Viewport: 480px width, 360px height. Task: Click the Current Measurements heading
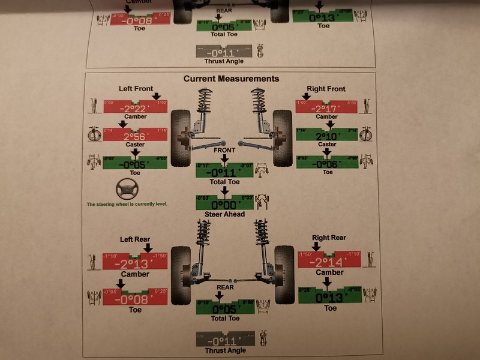coord(231,79)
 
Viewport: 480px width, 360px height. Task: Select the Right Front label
coord(326,89)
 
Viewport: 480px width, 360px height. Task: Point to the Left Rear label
coord(134,239)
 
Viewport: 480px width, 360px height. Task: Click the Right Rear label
coord(329,238)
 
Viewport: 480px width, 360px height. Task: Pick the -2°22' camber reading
coord(135,108)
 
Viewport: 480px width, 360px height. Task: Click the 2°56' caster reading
coord(135,136)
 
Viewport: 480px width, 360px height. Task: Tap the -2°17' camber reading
coord(327,109)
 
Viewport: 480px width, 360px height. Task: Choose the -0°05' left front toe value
coord(135,164)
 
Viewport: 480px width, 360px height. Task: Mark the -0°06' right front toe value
coord(327,164)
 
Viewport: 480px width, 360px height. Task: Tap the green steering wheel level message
coord(127,205)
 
